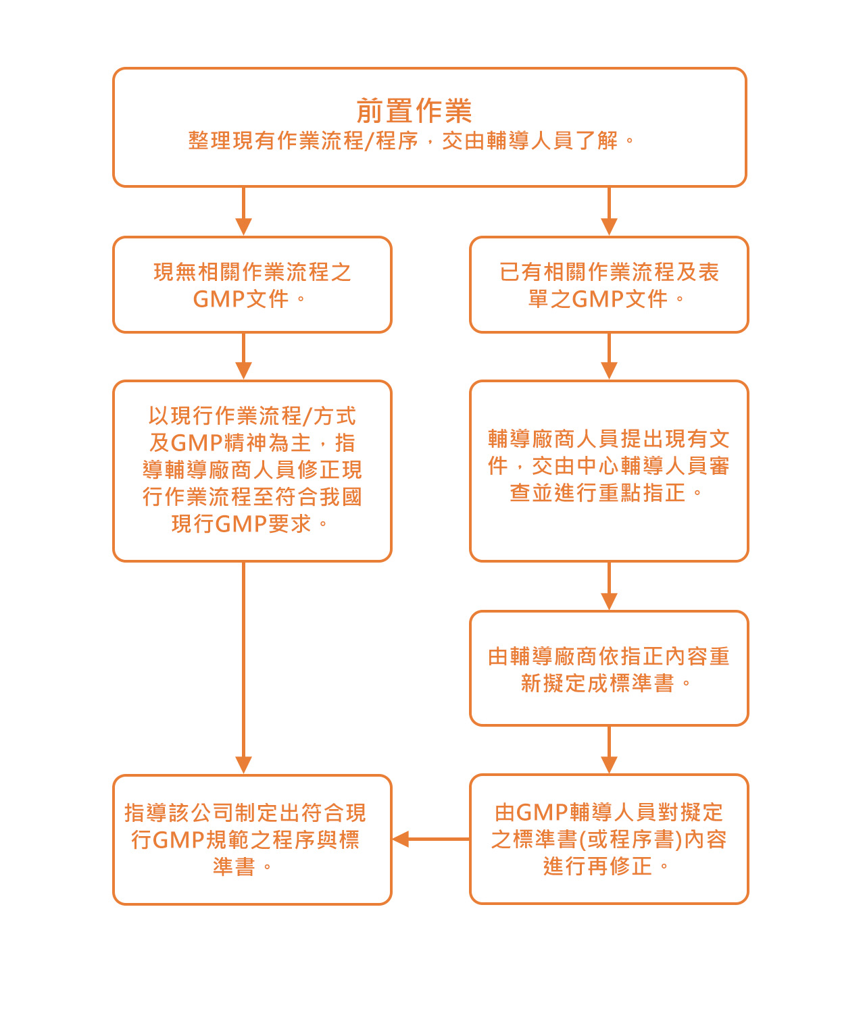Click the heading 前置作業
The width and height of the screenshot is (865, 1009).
pyautogui.click(x=414, y=111)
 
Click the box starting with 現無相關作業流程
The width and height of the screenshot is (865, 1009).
pyautogui.click(x=252, y=284)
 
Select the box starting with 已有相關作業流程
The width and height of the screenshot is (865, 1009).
pyautogui.click(x=609, y=284)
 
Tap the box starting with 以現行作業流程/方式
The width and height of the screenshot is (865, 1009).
pyautogui.click(x=252, y=470)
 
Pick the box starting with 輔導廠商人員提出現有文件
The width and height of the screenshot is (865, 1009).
pyautogui.click(x=609, y=470)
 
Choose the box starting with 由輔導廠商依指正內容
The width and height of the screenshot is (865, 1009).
pyautogui.click(x=609, y=668)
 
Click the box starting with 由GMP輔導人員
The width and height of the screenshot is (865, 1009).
pyautogui.click(x=609, y=838)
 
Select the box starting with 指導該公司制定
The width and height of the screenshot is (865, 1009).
pyautogui.click(x=252, y=839)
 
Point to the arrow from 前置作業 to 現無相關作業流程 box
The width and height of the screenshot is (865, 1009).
pyautogui.click(x=243, y=211)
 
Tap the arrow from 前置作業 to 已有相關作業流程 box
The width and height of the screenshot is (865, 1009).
pyautogui.click(x=609, y=211)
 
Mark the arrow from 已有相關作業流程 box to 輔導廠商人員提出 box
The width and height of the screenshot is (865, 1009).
pyautogui.click(x=609, y=356)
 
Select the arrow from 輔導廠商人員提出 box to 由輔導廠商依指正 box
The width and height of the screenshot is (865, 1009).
pyautogui.click(x=609, y=586)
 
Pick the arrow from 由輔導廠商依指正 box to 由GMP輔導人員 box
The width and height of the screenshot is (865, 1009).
pyautogui.click(x=609, y=750)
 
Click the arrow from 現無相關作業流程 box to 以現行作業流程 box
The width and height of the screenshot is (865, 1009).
pyautogui.click(x=243, y=356)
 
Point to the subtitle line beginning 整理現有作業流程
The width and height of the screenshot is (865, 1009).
pyautogui.click(x=412, y=141)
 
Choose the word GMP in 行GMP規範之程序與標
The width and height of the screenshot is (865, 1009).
pyautogui.click(x=179, y=839)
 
